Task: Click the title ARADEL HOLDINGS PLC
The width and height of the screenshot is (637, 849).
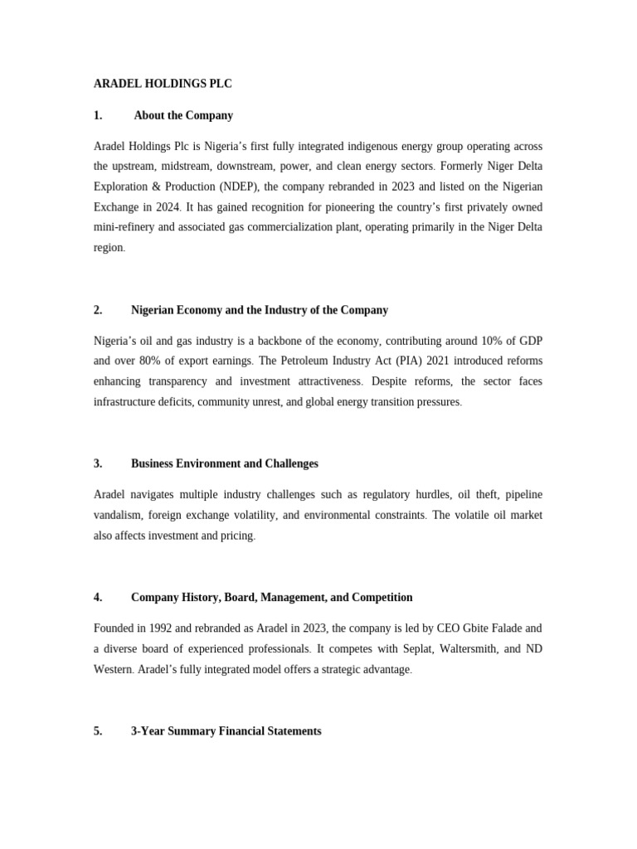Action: tap(163, 84)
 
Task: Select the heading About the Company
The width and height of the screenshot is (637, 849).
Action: tap(183, 115)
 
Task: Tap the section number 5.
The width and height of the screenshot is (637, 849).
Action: tap(98, 731)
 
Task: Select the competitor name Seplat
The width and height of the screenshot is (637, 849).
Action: tap(357, 648)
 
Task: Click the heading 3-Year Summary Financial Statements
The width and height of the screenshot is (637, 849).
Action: tap(226, 731)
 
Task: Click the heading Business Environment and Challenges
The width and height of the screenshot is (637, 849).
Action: tap(224, 463)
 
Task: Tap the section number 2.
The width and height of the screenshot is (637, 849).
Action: tap(98, 310)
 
